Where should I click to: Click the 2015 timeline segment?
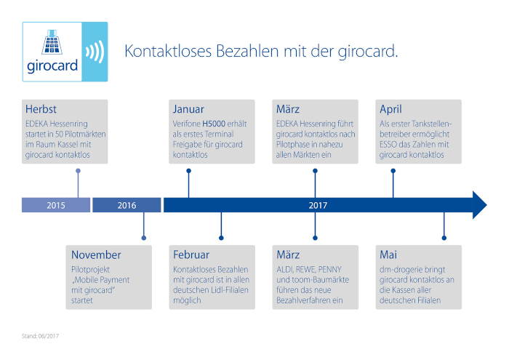56,205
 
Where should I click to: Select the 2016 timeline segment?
127,205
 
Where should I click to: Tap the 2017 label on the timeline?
318,205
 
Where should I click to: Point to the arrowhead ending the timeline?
480,205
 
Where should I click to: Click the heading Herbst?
41,109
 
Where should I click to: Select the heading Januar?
188,109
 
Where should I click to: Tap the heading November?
96,255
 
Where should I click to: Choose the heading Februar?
191,255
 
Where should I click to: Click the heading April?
391,109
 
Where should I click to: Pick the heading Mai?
388,255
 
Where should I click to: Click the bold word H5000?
214,124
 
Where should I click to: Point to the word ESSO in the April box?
388,144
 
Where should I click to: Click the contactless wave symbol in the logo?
95,52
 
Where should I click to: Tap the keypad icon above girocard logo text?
52,42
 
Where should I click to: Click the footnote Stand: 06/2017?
40,336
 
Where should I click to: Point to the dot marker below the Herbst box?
78,171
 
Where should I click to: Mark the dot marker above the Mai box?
444,238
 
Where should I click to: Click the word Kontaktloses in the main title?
168,52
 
